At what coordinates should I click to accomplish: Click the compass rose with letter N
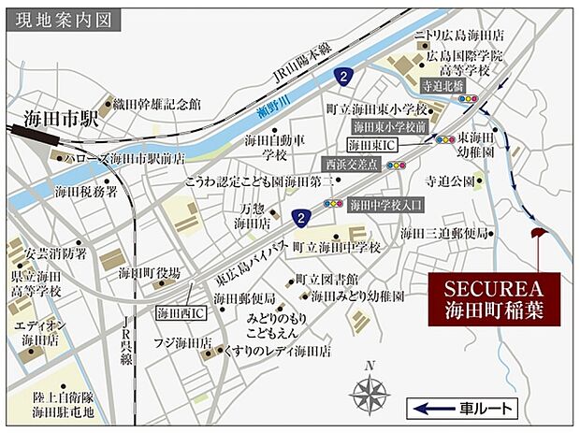click(x=370, y=392)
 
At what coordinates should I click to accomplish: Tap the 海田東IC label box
click(x=372, y=145)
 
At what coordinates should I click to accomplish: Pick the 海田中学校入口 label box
click(x=386, y=203)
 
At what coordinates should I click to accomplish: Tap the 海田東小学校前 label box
click(x=389, y=125)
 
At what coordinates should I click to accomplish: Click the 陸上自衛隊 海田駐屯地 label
click(x=64, y=403)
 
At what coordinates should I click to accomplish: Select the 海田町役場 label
click(x=149, y=273)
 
